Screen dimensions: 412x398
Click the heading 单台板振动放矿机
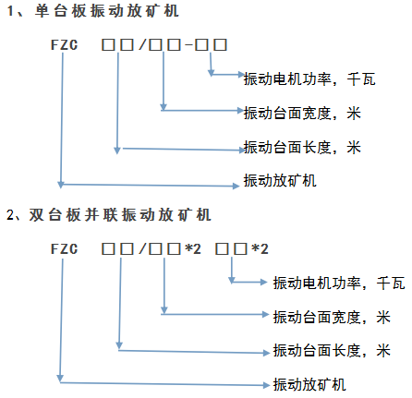(x=106, y=11)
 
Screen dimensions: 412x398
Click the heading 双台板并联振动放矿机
(x=120, y=215)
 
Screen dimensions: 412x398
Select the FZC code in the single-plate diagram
(x=64, y=45)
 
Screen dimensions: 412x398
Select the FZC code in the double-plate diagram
(x=64, y=248)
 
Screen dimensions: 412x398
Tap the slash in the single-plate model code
(x=142, y=44)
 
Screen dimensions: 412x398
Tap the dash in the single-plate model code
(x=188, y=45)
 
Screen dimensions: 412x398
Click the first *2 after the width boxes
(x=193, y=248)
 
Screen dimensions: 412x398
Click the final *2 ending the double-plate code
(x=260, y=248)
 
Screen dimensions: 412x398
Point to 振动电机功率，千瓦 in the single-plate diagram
(x=309, y=79)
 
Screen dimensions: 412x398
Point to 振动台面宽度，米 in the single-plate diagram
(x=302, y=113)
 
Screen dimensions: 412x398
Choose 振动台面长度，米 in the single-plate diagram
(x=302, y=147)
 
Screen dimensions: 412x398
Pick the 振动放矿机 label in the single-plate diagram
(x=280, y=180)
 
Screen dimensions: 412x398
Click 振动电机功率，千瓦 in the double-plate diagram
(x=339, y=283)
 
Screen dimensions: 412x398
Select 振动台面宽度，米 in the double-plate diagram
(x=332, y=317)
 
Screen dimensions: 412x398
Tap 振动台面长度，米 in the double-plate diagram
(x=332, y=351)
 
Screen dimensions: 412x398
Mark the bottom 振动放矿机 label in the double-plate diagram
(x=309, y=385)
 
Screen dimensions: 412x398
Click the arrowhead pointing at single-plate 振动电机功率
(x=241, y=75)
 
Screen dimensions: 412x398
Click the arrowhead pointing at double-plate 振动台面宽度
(x=265, y=314)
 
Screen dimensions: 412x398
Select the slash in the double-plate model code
(x=142, y=248)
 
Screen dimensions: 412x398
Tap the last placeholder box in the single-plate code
(x=221, y=44)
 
